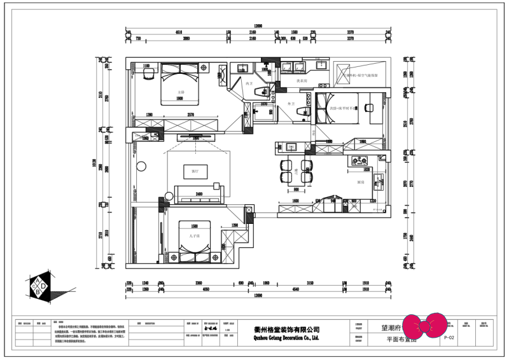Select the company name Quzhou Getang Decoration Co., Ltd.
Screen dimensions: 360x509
[282, 338]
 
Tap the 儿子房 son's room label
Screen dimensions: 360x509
[195, 235]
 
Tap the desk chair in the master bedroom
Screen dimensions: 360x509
[148, 75]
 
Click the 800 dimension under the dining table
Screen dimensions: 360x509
[295, 190]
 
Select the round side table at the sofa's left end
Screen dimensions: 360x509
[169, 195]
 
